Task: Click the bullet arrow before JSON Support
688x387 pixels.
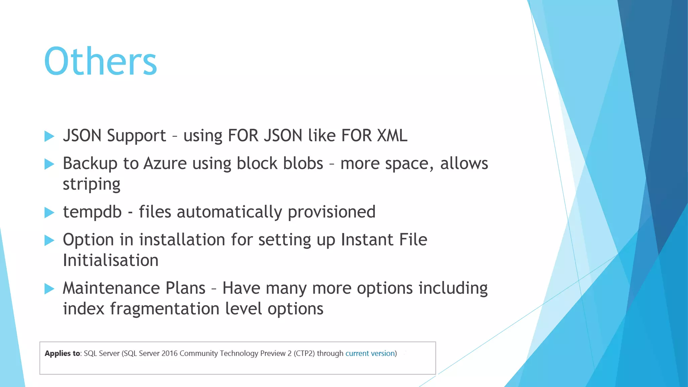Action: click(49, 136)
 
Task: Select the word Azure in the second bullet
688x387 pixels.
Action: click(165, 164)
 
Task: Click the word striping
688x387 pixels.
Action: click(91, 184)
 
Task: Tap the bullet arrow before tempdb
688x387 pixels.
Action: click(49, 212)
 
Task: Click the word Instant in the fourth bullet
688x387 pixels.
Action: click(367, 240)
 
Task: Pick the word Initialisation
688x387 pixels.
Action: click(111, 261)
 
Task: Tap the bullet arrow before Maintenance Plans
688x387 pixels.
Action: click(49, 289)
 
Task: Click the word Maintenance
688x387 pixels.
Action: click(134, 288)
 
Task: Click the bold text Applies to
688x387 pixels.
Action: click(62, 353)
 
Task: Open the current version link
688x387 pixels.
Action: click(370, 353)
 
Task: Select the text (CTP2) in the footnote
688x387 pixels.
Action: click(304, 353)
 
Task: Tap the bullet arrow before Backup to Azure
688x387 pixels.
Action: click(49, 164)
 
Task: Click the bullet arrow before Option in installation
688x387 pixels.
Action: click(49, 241)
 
